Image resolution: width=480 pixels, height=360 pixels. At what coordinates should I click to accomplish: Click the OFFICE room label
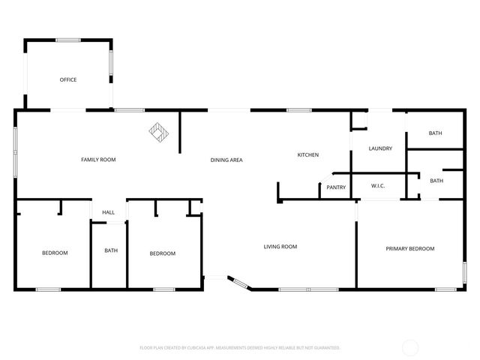coord(68,79)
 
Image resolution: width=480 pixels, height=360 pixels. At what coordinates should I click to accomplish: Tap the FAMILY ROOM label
coord(98,159)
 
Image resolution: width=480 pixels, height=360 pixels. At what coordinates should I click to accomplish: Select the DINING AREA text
coord(226,159)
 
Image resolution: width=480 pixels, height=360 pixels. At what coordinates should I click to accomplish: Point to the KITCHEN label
coord(308,154)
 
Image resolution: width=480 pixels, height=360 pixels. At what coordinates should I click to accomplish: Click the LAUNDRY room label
coord(380,148)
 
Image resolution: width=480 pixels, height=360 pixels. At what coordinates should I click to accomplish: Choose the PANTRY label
coord(336,187)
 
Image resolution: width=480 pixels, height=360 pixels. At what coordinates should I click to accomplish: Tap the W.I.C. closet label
coord(378,186)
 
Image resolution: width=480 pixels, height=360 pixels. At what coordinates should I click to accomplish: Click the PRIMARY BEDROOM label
coord(410,248)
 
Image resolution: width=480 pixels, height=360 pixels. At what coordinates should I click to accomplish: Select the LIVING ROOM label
coord(280,246)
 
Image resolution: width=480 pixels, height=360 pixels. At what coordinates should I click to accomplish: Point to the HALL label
coord(109,213)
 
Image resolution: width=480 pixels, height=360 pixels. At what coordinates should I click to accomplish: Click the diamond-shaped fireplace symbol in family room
coord(159,133)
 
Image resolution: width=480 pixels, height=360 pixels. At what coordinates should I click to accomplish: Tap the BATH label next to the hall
coord(111,250)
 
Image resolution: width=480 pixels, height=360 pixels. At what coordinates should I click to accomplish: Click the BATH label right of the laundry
coord(436,133)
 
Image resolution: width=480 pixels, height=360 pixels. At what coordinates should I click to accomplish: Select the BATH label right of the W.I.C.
coord(436,181)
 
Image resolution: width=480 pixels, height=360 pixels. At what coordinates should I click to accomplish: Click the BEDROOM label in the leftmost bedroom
coord(55,253)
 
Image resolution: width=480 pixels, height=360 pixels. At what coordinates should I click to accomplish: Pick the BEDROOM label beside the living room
coord(163,253)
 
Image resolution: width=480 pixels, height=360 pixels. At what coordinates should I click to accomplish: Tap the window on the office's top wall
coord(68,40)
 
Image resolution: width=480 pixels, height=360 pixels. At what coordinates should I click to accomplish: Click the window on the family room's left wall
coord(16,153)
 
